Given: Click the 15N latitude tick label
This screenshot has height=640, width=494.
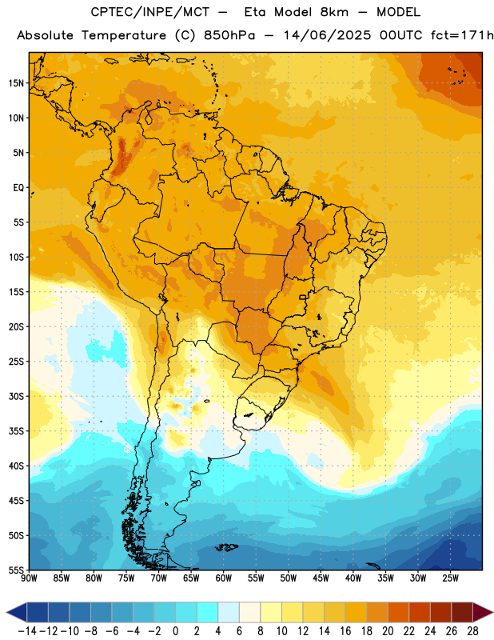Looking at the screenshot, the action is point(16,83).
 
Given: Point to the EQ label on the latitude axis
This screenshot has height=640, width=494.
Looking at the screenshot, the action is point(18,188).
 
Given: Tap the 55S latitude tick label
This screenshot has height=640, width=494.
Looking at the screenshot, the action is point(16,570).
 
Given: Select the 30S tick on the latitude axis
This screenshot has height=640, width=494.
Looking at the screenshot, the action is point(16,396).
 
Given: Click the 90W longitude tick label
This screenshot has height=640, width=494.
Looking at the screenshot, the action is point(30,578).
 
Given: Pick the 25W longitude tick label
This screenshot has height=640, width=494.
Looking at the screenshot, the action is point(450,578).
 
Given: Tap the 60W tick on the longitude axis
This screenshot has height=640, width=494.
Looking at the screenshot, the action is point(224,578).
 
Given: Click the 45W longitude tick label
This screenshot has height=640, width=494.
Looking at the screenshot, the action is point(321,578).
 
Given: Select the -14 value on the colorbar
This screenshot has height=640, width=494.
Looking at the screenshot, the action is point(27,631).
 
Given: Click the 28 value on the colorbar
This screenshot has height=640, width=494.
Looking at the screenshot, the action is point(472,631).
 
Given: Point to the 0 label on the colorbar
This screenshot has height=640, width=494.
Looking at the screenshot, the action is point(175,631).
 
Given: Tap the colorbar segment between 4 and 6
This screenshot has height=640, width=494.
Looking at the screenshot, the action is point(229,612).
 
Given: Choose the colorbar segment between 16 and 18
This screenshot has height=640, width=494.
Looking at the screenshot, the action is point(356,612).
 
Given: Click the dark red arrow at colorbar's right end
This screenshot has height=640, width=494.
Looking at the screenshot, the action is point(483,612).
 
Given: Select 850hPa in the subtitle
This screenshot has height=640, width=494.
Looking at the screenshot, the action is point(229,35).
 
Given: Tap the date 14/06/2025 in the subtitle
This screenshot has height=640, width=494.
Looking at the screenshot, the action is point(327,35).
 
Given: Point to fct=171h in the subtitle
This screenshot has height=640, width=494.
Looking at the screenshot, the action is point(462,35).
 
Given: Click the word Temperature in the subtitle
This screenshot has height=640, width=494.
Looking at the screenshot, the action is point(124,36).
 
